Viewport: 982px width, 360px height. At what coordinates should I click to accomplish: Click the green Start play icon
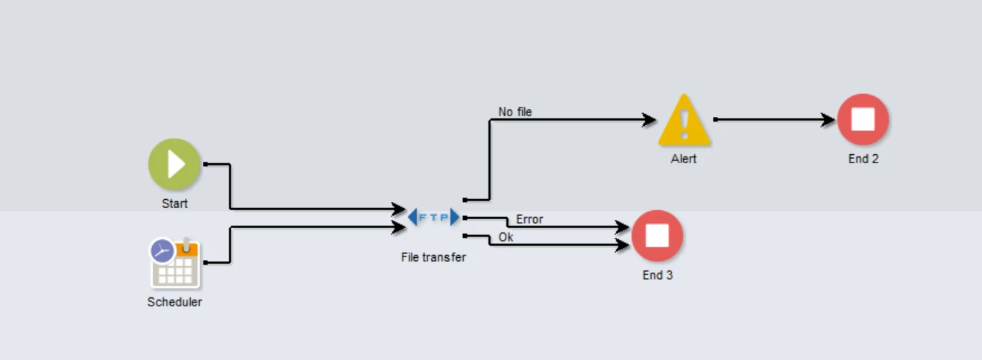coord(174,164)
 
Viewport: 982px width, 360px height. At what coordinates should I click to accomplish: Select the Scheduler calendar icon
coord(174,262)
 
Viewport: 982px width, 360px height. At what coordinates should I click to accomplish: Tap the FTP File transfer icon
coord(434,218)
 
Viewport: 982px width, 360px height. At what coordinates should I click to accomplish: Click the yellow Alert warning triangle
coord(684,121)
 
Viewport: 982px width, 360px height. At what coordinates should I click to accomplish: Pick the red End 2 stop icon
coord(863,119)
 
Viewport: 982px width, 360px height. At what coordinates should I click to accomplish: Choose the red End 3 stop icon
coord(657,236)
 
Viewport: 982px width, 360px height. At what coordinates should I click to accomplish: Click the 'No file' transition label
coord(515,113)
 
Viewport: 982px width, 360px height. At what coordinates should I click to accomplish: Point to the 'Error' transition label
coord(529,220)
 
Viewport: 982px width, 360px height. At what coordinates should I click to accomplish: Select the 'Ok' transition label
coord(506,238)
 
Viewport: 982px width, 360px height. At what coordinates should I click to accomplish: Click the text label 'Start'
coord(174,203)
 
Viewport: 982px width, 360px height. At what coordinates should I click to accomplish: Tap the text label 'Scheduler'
coord(174,302)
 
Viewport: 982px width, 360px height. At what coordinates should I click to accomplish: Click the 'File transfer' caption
coord(433,258)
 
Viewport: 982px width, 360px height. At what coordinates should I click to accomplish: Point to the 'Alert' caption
coord(684,159)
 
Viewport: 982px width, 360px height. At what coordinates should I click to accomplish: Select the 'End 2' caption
coord(863,159)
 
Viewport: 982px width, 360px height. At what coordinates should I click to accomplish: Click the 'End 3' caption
coord(658,275)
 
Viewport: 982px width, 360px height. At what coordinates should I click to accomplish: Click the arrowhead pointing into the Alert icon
coord(648,119)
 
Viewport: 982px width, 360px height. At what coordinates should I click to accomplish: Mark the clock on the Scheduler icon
coord(162,250)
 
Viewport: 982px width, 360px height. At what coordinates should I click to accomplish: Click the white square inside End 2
coord(863,119)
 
